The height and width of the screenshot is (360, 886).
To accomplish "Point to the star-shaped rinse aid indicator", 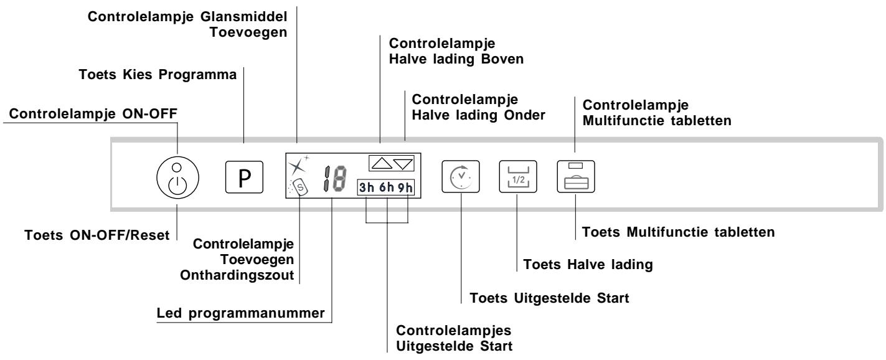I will click(x=297, y=166).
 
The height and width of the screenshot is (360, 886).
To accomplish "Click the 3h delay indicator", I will click(x=367, y=187).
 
